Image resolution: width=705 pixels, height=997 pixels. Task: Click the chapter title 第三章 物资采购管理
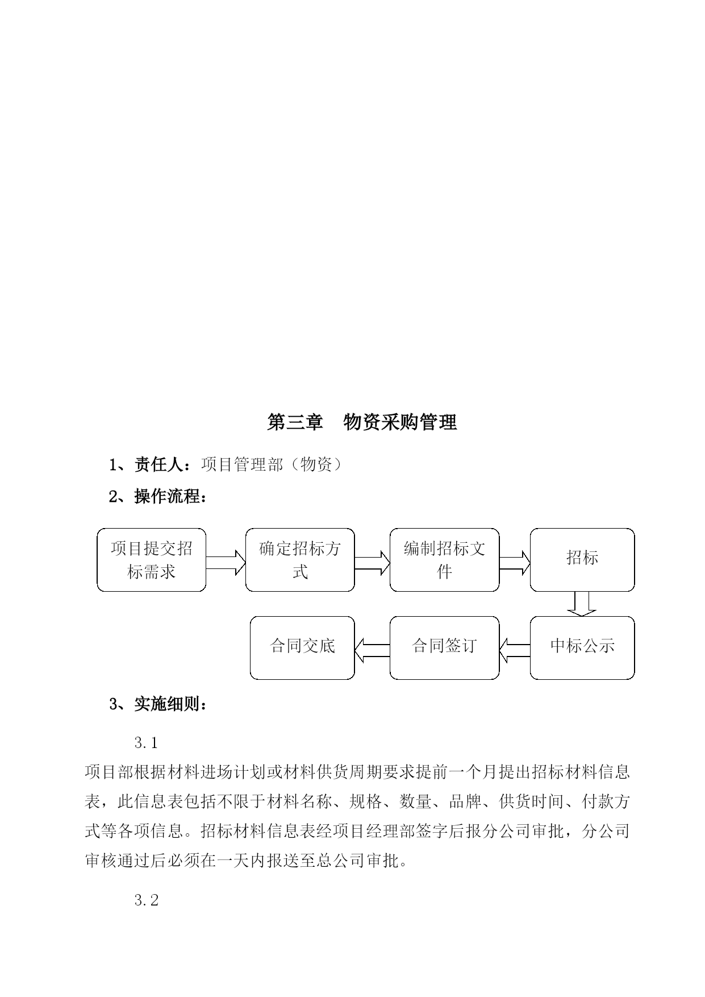pos(362,422)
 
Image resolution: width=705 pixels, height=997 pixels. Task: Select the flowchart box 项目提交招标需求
pos(152,560)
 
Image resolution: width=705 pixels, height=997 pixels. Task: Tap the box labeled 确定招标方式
pos(300,560)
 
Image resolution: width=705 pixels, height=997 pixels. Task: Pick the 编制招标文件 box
pos(444,560)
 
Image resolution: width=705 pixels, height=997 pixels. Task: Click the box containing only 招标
pos(582,560)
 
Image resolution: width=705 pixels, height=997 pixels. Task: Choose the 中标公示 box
pos(582,648)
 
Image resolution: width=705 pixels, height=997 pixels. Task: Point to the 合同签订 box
pos(444,648)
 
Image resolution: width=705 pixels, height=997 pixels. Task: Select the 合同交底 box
pos(302,648)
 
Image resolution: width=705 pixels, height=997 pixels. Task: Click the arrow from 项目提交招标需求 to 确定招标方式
pos(226,562)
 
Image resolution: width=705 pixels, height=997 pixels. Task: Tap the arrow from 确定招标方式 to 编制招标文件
pos(372,562)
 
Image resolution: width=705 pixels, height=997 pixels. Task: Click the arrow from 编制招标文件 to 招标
pos(515,562)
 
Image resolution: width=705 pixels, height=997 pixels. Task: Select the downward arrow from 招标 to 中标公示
pos(582,604)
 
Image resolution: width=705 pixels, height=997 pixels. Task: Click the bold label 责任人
pos(158,465)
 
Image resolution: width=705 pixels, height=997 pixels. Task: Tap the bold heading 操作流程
pos(167,496)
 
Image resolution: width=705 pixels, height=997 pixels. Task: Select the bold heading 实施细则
pos(167,704)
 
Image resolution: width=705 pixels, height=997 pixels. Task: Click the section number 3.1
pos(147,742)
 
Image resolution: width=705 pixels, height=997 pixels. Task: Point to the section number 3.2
pos(147,900)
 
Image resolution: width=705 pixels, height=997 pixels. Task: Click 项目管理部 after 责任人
pos(242,465)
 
